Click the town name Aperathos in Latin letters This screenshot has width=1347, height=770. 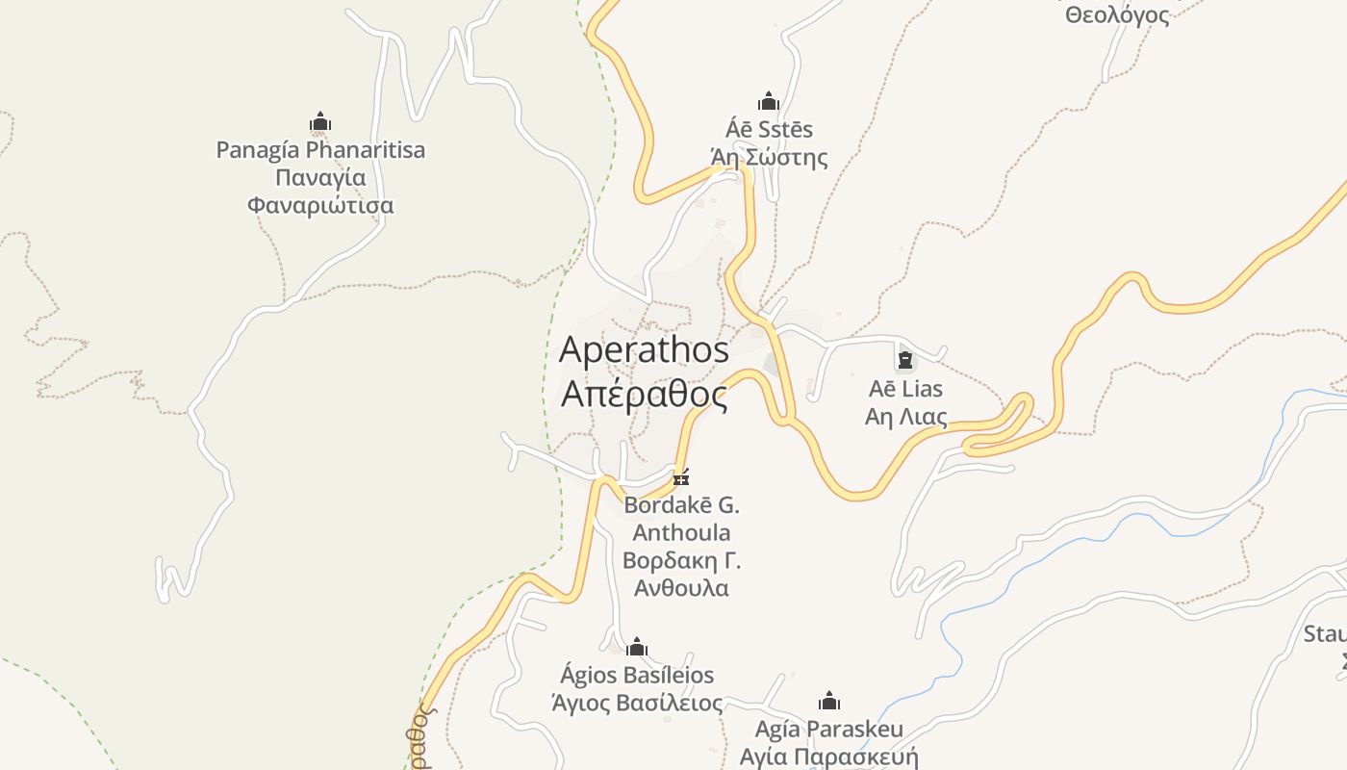(644, 349)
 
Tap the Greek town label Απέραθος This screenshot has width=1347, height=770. (644, 395)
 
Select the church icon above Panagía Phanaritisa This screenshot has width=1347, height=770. (320, 122)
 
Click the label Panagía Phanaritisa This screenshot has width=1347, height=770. (320, 150)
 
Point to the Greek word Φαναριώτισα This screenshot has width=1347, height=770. (320, 205)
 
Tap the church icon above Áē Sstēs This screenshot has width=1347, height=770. (768, 101)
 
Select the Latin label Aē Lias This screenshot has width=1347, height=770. (905, 389)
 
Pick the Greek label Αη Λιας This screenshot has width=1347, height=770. (905, 417)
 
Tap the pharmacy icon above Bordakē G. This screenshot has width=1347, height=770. (681, 477)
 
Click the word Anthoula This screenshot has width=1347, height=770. (681, 532)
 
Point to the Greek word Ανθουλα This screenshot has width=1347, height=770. (681, 587)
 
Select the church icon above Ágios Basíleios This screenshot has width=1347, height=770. (637, 647)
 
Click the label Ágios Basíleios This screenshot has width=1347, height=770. (637, 675)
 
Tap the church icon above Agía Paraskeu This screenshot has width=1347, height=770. (828, 701)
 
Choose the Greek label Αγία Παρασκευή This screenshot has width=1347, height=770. (828, 756)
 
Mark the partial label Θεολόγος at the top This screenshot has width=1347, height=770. (1117, 14)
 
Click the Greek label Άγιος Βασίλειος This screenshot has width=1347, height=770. (637, 703)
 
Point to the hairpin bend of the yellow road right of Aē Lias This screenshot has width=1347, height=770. (1025, 404)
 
